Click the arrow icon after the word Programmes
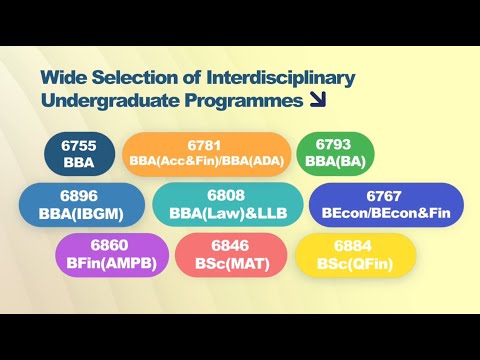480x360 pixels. (319, 100)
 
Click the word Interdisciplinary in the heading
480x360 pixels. (285, 77)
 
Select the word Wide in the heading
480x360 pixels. (63, 77)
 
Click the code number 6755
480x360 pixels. (78, 144)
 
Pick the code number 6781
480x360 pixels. (207, 144)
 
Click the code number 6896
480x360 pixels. (82, 195)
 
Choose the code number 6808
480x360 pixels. (228, 195)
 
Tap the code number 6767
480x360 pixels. (386, 195)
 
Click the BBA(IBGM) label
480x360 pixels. (82, 213)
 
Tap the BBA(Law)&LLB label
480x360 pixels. (228, 213)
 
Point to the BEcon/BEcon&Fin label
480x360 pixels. (386, 213)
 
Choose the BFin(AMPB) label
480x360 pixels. (111, 263)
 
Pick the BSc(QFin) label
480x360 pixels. (355, 263)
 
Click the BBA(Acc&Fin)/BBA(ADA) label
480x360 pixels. (207, 161)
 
